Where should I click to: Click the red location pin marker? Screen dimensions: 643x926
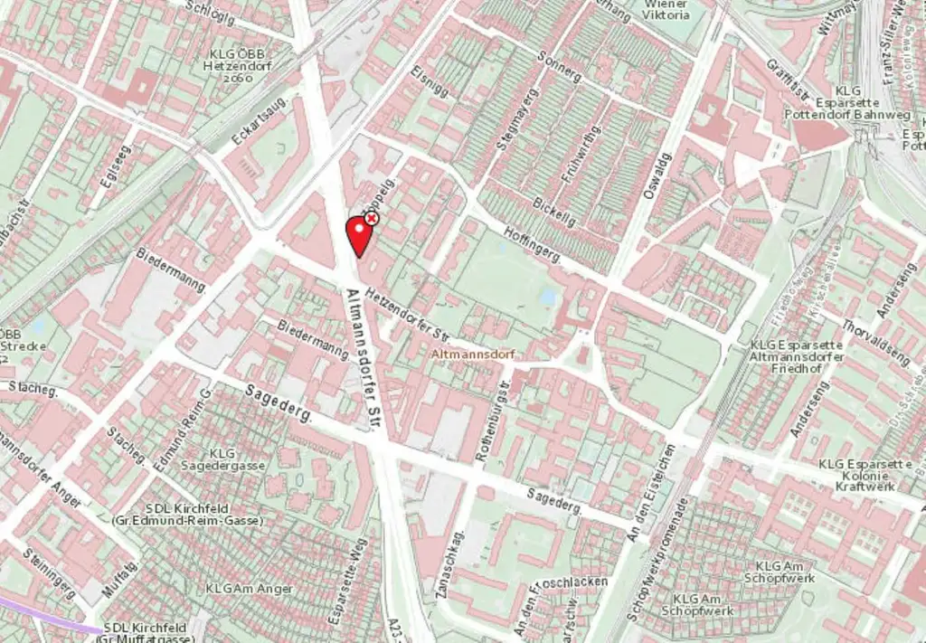[x=359, y=233]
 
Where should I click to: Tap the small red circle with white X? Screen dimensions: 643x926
[x=371, y=218]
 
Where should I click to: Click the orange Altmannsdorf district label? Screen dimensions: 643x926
[x=473, y=355]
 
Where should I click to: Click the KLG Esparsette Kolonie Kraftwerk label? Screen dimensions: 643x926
[x=865, y=475]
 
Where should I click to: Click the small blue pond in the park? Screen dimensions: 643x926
[x=548, y=297]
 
